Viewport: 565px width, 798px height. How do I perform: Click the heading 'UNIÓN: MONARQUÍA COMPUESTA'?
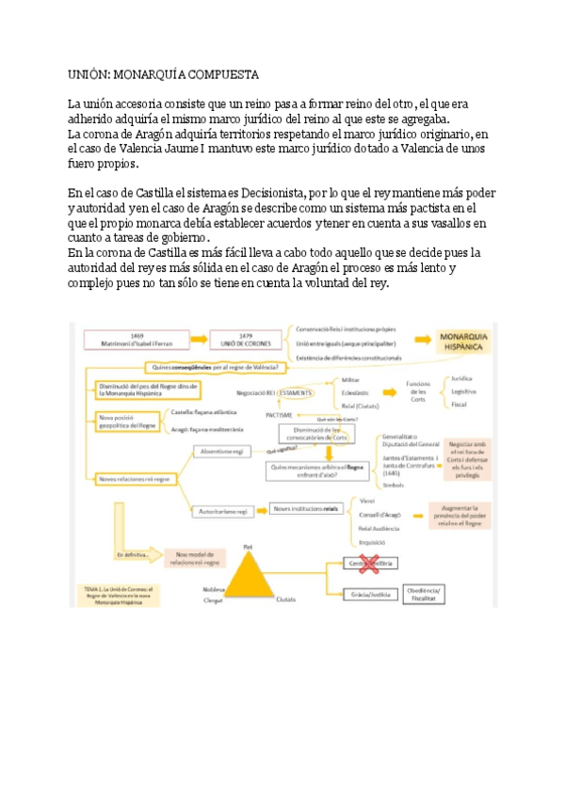click(x=163, y=73)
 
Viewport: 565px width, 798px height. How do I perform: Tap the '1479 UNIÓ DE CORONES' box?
click(x=247, y=340)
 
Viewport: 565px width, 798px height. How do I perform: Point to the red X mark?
click(x=365, y=563)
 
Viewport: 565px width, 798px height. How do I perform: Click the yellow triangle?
click(x=248, y=575)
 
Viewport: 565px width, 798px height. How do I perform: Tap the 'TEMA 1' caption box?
click(x=119, y=595)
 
